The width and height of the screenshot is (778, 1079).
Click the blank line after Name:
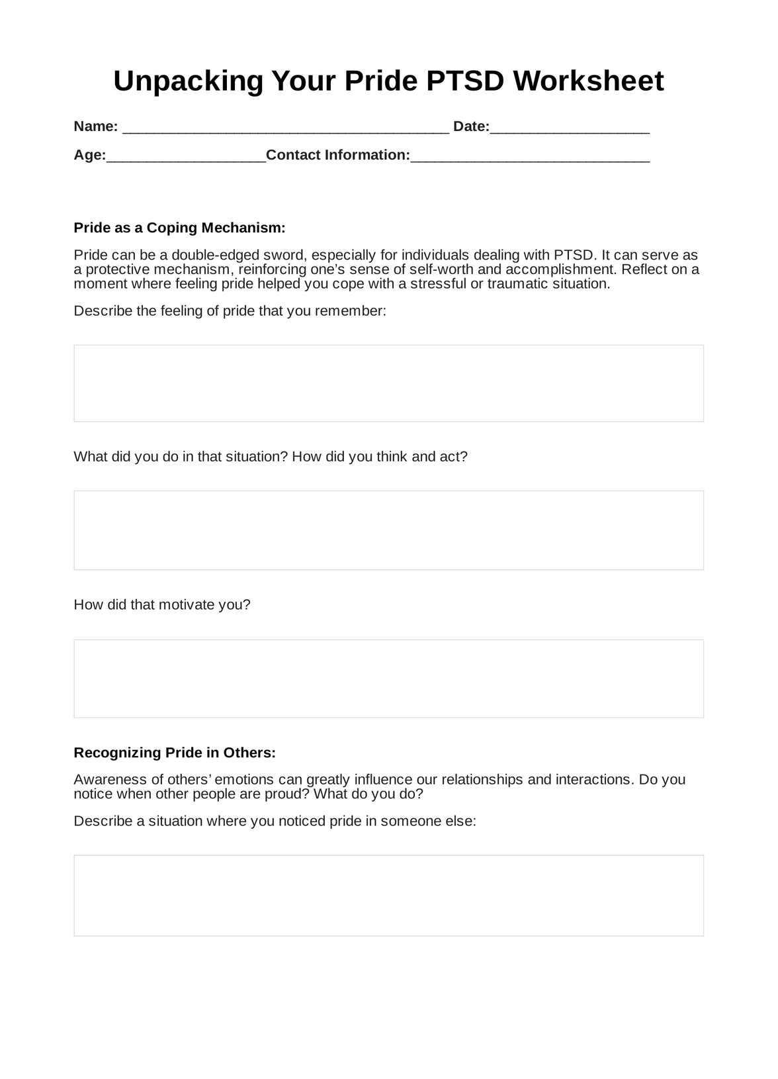[286, 128]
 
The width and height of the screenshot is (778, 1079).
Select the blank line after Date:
[570, 128]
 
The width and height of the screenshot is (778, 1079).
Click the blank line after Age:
[186, 157]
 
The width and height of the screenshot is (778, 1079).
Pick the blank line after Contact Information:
[530, 157]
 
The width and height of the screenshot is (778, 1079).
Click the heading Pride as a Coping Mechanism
[179, 228]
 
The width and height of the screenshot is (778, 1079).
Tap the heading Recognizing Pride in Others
[175, 753]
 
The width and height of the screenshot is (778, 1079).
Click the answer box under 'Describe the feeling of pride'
[388, 383]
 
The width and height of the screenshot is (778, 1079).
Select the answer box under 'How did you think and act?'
[388, 530]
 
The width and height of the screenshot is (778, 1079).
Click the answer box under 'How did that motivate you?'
[388, 679]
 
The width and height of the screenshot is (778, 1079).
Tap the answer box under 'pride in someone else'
[388, 896]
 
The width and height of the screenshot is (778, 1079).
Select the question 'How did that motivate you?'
[162, 605]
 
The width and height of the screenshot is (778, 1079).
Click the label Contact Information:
[338, 155]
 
